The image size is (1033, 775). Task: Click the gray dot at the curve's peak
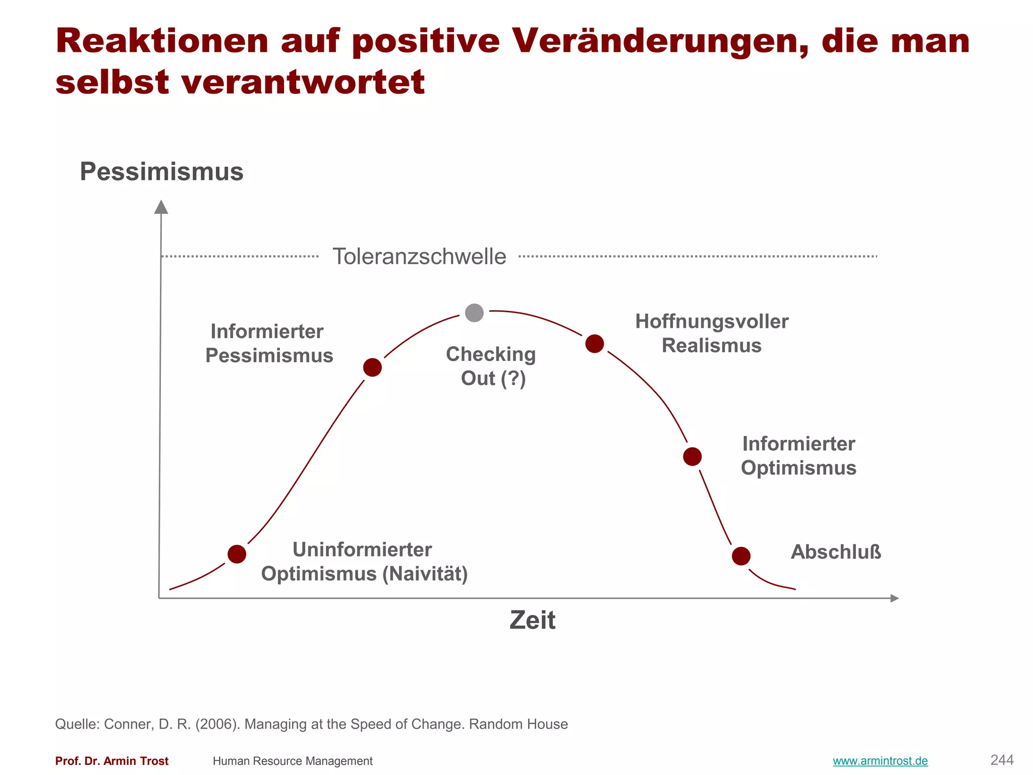474,313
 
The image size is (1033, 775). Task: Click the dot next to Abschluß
741,556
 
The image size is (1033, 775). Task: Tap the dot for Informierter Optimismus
692,457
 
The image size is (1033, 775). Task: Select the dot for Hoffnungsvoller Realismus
595,344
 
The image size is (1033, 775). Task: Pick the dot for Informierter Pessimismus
372,367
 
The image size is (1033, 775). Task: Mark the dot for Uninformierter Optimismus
237,554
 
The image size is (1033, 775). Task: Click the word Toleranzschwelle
419,256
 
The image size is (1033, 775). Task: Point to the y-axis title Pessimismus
161,172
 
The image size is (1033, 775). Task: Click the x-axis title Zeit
532,620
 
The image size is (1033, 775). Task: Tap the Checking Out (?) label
491,366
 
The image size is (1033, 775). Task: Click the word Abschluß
836,552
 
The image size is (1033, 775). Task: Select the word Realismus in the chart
711,346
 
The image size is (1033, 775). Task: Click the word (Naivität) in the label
425,574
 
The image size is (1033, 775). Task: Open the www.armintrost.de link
880,761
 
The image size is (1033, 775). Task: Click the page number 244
1002,760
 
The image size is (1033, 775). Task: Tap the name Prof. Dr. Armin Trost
111,761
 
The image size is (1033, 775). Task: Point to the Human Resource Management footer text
293,761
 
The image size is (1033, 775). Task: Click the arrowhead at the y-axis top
161,207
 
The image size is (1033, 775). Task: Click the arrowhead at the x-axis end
894,598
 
